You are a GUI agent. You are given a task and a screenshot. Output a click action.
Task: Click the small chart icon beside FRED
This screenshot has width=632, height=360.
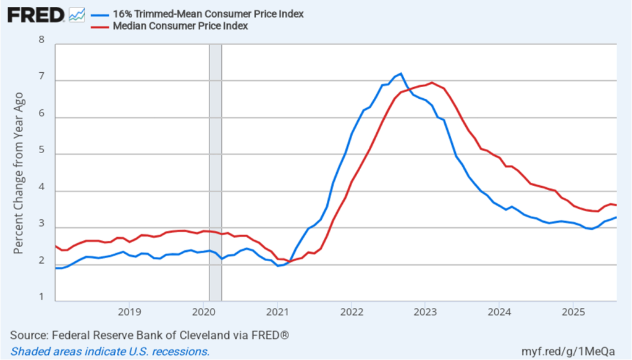tap(77, 14)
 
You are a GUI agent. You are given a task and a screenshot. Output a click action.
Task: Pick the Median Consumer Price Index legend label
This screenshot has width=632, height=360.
tap(180, 26)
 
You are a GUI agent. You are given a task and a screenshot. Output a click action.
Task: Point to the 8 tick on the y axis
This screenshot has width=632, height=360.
tap(42, 40)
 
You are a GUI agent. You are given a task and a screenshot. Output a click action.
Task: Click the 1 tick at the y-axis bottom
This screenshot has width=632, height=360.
tap(42, 297)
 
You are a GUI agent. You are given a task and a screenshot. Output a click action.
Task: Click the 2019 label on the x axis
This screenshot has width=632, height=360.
tap(129, 309)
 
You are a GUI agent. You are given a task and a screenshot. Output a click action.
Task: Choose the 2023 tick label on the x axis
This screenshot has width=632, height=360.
tap(425, 309)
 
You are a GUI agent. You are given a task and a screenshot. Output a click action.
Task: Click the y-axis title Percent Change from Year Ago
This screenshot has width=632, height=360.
tap(19, 173)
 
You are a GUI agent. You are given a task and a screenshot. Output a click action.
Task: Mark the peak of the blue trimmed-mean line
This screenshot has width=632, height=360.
tap(401, 73)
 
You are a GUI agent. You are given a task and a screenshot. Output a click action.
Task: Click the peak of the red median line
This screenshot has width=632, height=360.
tap(432, 83)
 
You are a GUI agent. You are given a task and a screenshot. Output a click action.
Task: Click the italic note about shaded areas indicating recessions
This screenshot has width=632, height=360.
tap(110, 351)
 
